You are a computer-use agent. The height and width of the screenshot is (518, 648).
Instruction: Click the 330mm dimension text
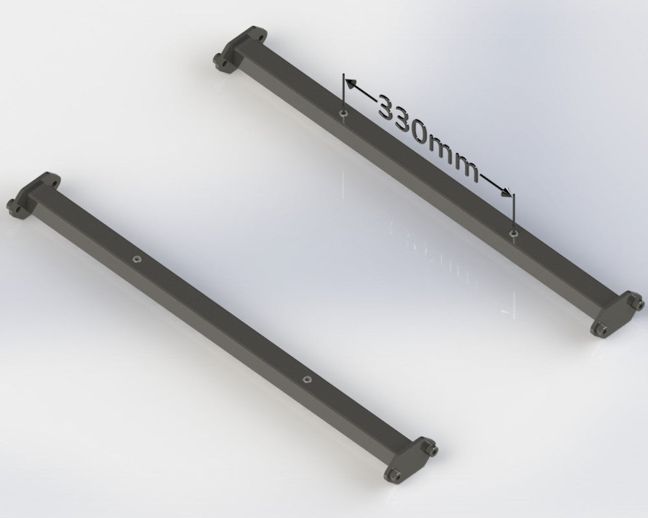[x=428, y=137]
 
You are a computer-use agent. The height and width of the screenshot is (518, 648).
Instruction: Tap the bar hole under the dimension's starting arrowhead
[x=342, y=113]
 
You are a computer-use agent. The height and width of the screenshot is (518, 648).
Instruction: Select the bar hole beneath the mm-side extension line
[x=513, y=231]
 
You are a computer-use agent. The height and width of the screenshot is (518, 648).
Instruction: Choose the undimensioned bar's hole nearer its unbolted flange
[x=137, y=258]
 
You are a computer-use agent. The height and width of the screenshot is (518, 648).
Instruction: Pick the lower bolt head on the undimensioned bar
[x=393, y=476]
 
